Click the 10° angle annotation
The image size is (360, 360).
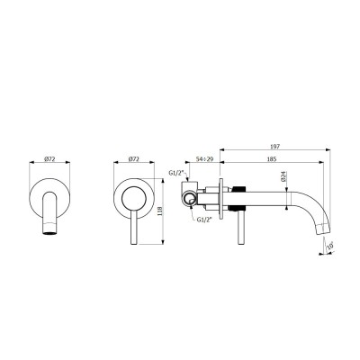330,244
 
